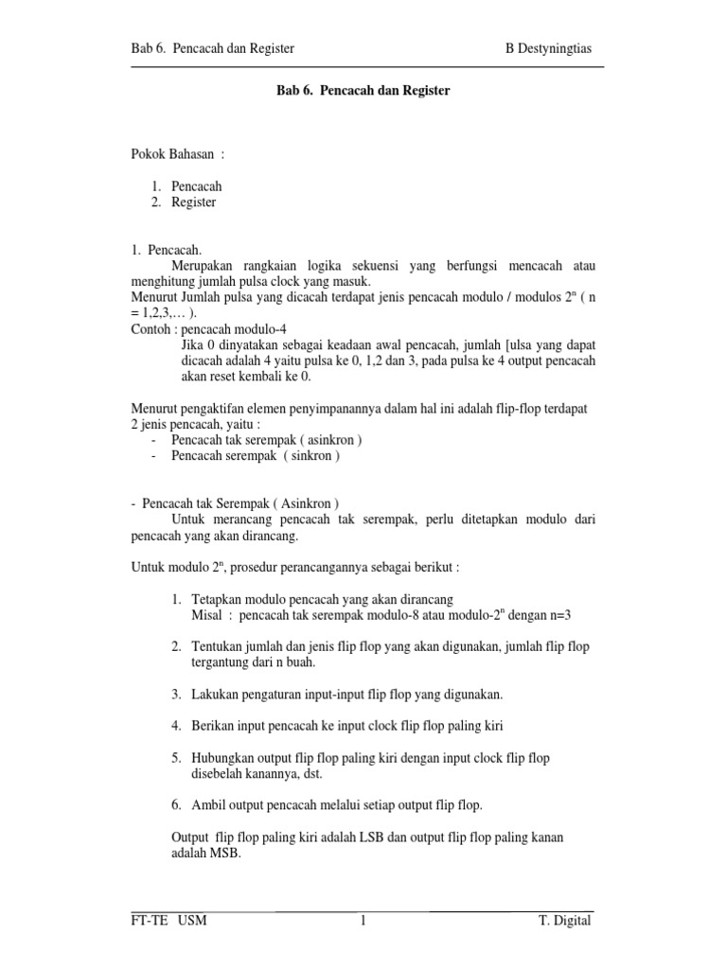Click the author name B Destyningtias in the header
tap(549, 48)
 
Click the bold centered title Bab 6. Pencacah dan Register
tap(363, 92)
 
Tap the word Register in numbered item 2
tap(194, 202)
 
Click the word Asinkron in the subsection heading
tap(304, 502)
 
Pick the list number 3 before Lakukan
tap(177, 694)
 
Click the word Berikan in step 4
tap(213, 726)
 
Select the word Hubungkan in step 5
tap(223, 758)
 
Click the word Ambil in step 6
tap(208, 805)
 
